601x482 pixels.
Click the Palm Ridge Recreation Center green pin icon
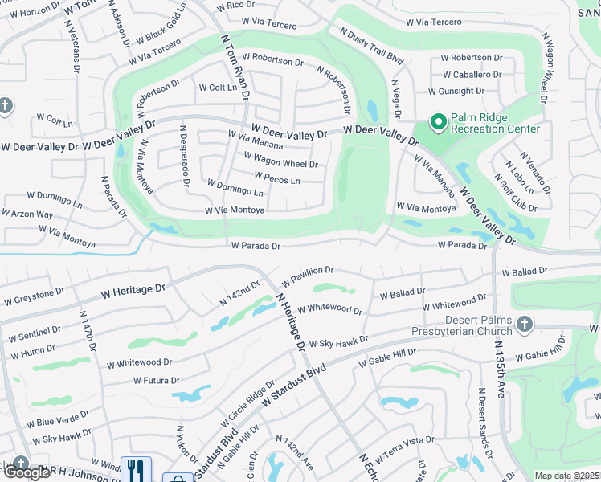coord(438,122)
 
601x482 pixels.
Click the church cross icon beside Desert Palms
coord(524,324)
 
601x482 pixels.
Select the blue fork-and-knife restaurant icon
coord(135,468)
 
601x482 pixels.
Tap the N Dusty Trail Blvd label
coord(371,46)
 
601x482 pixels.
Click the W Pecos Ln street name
coord(276,178)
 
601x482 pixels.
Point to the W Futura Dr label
coord(156,380)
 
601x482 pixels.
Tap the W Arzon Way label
coord(28,214)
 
